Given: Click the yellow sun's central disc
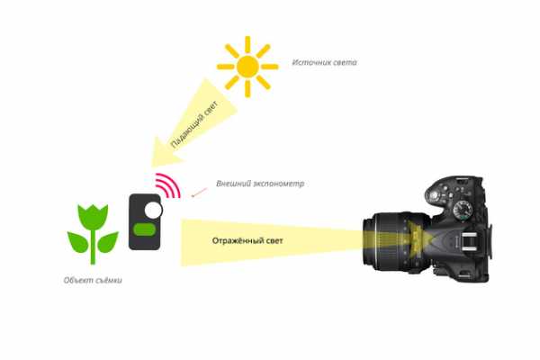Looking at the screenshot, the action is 247,67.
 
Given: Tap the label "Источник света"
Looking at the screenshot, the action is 324,62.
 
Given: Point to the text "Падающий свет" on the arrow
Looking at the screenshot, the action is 194,125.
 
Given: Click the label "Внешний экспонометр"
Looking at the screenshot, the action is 260,184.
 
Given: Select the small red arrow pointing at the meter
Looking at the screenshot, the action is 199,193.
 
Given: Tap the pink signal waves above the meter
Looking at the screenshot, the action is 168,185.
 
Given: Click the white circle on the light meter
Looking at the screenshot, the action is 153,210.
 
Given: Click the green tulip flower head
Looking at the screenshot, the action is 93,218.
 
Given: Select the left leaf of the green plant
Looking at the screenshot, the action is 77,241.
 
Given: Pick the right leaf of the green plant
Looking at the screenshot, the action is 108,241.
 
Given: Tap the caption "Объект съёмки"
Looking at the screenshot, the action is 93,280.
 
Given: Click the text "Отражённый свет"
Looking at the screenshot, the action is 247,240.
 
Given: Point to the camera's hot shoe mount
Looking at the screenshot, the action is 468,241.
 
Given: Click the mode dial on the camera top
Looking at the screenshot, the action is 463,209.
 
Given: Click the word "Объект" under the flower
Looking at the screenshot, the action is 78,280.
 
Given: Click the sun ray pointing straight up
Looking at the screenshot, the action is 247,45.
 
